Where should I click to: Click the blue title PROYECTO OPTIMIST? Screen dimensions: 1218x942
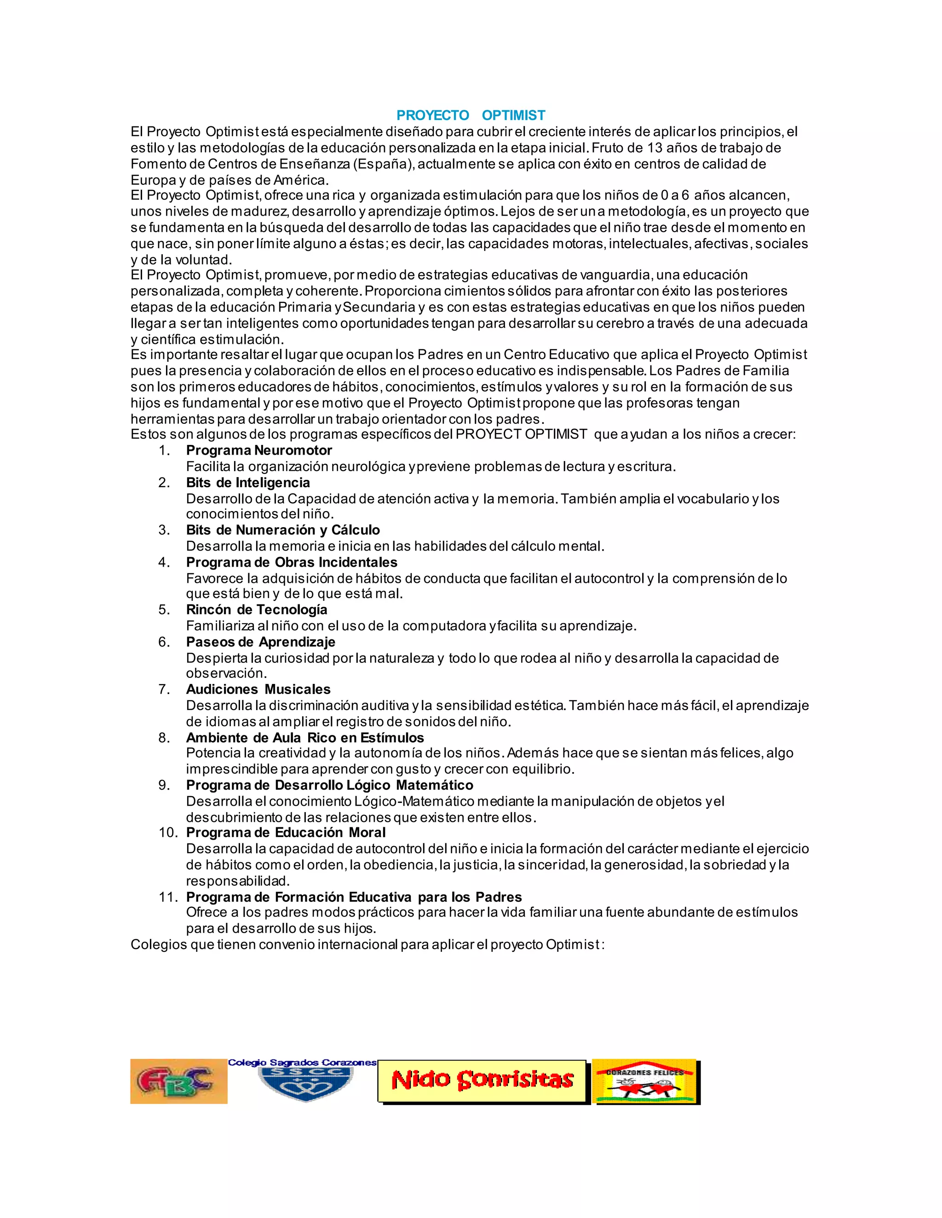click(471, 115)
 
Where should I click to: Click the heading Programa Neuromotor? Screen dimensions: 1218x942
click(259, 450)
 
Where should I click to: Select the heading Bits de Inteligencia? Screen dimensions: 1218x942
click(248, 483)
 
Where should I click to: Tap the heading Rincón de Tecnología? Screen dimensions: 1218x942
click(257, 609)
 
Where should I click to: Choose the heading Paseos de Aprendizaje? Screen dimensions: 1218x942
click(261, 642)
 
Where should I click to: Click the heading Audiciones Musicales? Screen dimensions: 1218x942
click(258, 689)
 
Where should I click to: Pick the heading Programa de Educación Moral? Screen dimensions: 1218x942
click(286, 833)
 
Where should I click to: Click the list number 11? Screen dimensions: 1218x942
click(168, 897)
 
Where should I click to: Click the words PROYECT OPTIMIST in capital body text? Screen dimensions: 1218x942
click(521, 434)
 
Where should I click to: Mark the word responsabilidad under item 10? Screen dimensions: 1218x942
click(238, 881)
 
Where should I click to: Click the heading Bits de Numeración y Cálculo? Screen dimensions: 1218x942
click(283, 530)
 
